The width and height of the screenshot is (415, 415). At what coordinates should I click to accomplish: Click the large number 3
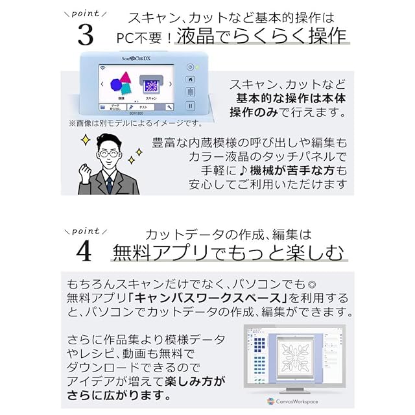tap(85, 34)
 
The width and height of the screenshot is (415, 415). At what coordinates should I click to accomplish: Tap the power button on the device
tap(190, 66)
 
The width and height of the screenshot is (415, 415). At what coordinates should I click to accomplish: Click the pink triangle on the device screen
tap(127, 78)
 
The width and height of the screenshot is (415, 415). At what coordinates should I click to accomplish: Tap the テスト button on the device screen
tap(143, 106)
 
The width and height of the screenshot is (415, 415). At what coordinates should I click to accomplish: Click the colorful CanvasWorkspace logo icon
tap(271, 401)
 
